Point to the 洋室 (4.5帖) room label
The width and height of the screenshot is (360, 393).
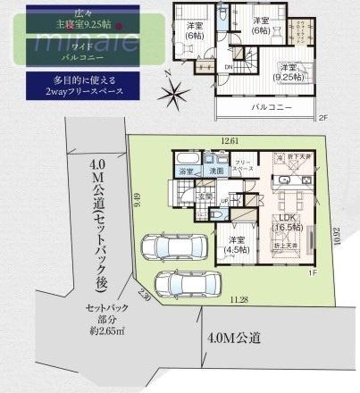click(x=237, y=245)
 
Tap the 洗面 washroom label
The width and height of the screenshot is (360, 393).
click(x=215, y=171)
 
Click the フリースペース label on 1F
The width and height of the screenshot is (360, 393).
click(x=244, y=165)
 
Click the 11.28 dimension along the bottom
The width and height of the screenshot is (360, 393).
click(x=239, y=300)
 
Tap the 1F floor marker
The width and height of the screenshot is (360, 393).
click(x=312, y=271)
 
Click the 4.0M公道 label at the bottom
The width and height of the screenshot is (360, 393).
click(x=236, y=338)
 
